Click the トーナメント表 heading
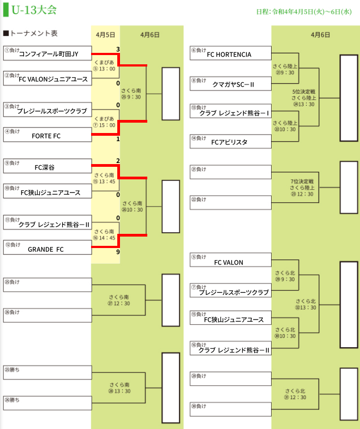tap(31, 34)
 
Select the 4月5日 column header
tap(105, 34)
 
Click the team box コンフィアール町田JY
tap(47, 53)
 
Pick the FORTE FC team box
tap(47, 135)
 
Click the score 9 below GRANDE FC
tap(117, 252)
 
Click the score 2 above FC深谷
tap(118, 161)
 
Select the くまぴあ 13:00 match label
tap(105, 66)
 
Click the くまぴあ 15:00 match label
tap(105, 122)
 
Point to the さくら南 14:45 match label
tap(105, 234)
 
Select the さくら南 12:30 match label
tap(119, 300)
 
